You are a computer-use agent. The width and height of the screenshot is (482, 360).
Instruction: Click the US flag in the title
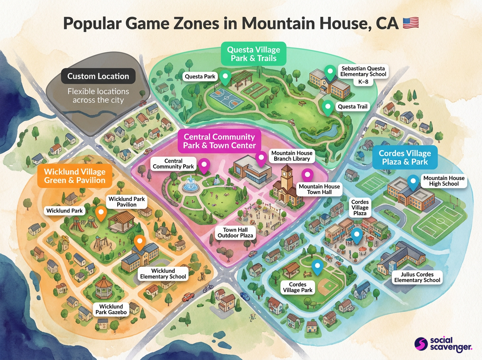tap(410, 22)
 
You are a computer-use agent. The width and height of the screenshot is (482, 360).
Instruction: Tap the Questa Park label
tap(200, 76)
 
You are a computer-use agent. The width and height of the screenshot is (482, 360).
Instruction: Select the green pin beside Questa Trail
tap(329, 107)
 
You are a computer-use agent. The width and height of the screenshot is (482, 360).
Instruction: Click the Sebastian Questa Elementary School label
tap(363, 74)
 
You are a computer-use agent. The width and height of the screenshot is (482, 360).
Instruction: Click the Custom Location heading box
tap(98, 76)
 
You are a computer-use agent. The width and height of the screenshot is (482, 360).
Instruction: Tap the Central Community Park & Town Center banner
tap(219, 141)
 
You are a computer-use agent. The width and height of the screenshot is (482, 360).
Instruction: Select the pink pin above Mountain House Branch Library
tap(261, 159)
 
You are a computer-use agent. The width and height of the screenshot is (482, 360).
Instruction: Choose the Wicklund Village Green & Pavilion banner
tap(75, 176)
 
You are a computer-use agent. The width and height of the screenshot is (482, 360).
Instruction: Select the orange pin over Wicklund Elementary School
tap(139, 242)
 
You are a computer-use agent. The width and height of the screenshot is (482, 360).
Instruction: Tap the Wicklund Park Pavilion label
tap(127, 202)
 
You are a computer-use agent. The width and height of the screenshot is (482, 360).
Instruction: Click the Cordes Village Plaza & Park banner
tap(404, 158)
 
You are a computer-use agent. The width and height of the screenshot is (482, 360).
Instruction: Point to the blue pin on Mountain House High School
tap(413, 182)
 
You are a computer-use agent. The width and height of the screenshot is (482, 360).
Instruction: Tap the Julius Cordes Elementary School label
tap(417, 277)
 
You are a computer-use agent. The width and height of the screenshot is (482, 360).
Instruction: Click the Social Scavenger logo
tap(443, 344)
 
